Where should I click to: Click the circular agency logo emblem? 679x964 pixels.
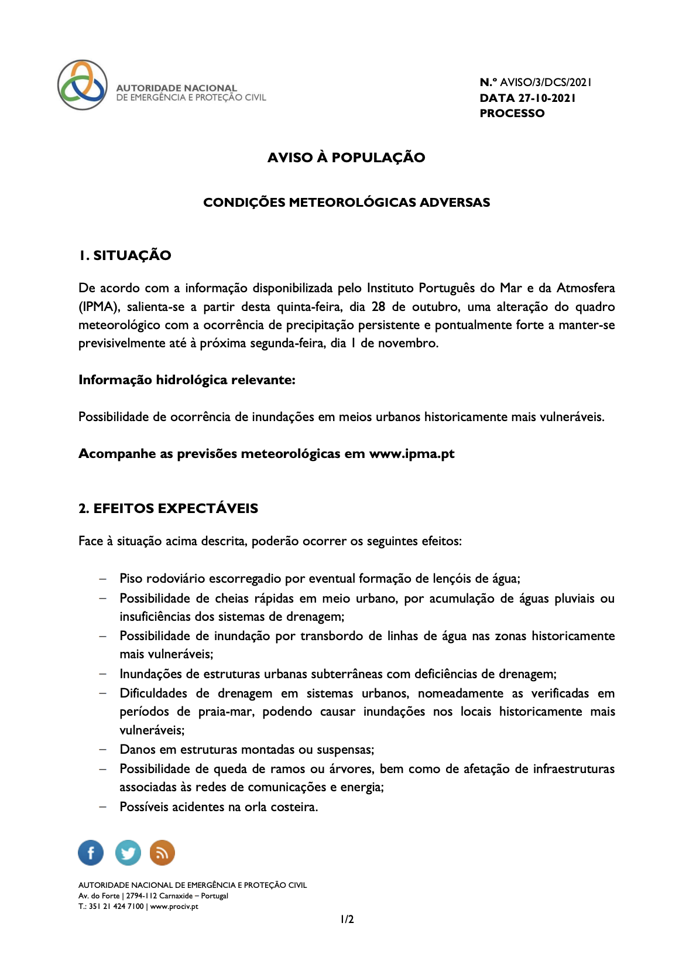tap(83, 85)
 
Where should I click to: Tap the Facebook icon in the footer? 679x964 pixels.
tap(91, 853)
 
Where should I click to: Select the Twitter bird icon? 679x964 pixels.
tap(128, 853)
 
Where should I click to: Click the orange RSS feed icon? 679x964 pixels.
tap(162, 853)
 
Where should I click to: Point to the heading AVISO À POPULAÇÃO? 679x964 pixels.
tap(346, 158)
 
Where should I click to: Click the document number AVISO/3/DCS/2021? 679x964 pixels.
tap(546, 83)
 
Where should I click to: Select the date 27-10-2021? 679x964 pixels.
tap(547, 98)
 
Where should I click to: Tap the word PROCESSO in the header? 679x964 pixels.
tap(512, 114)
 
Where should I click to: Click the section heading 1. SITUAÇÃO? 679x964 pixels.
tap(125, 255)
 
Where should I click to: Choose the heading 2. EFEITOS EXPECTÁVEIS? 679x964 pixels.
tap(169, 508)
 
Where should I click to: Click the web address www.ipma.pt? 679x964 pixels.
tap(411, 454)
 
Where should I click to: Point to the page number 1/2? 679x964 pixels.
tap(347, 919)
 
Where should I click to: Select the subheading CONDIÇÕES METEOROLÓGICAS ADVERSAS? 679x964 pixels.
tap(347, 203)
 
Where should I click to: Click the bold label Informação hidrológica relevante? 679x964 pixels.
tap(187, 380)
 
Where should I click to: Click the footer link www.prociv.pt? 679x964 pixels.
tap(174, 907)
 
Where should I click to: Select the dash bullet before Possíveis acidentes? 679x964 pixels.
tap(103, 806)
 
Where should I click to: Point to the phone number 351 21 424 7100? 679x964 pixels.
tap(116, 907)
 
